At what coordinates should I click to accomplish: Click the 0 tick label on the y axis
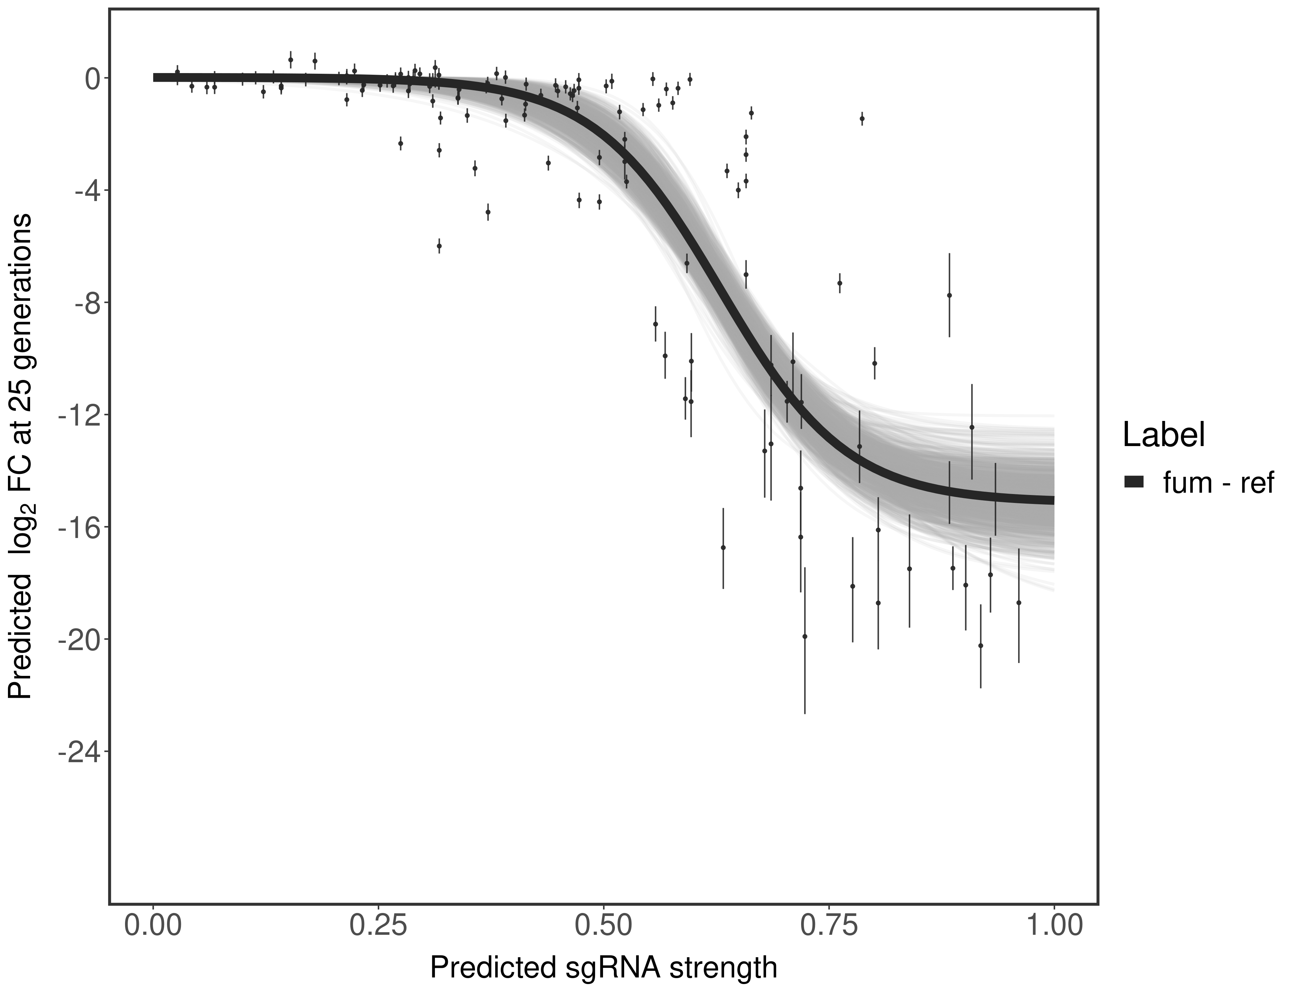point(92,79)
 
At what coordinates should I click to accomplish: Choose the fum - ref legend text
point(1218,483)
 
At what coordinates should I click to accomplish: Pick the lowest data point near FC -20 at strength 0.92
point(980,645)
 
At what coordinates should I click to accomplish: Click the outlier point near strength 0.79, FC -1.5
point(862,119)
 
